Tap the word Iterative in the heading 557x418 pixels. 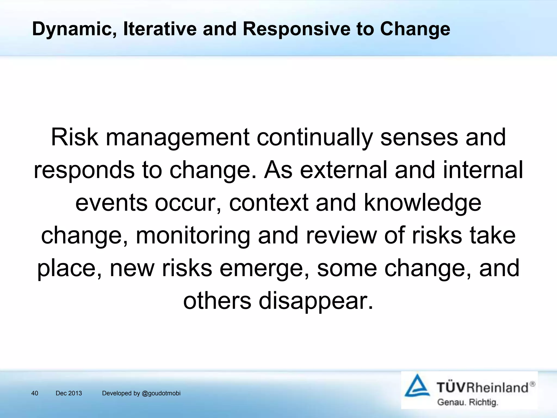[x=160, y=29]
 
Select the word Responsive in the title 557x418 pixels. [x=296, y=29]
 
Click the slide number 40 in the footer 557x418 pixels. [x=35, y=393]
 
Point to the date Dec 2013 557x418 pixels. [x=69, y=393]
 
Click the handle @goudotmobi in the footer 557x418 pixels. [x=161, y=393]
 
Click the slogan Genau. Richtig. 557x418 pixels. [x=467, y=402]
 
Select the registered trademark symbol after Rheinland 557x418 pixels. [x=532, y=384]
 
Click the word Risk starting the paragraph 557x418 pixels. [x=75, y=137]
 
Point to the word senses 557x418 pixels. [x=419, y=138]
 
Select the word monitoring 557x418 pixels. [x=193, y=236]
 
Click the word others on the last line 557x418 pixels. [x=217, y=301]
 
